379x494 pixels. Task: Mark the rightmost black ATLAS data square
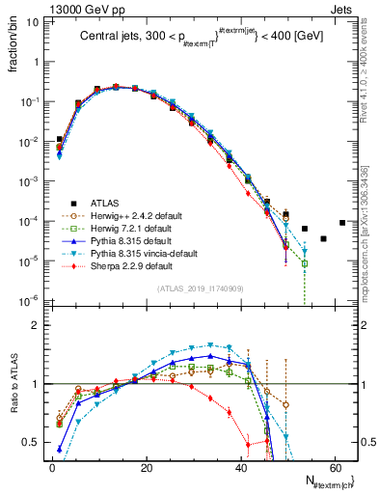click(x=342, y=223)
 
